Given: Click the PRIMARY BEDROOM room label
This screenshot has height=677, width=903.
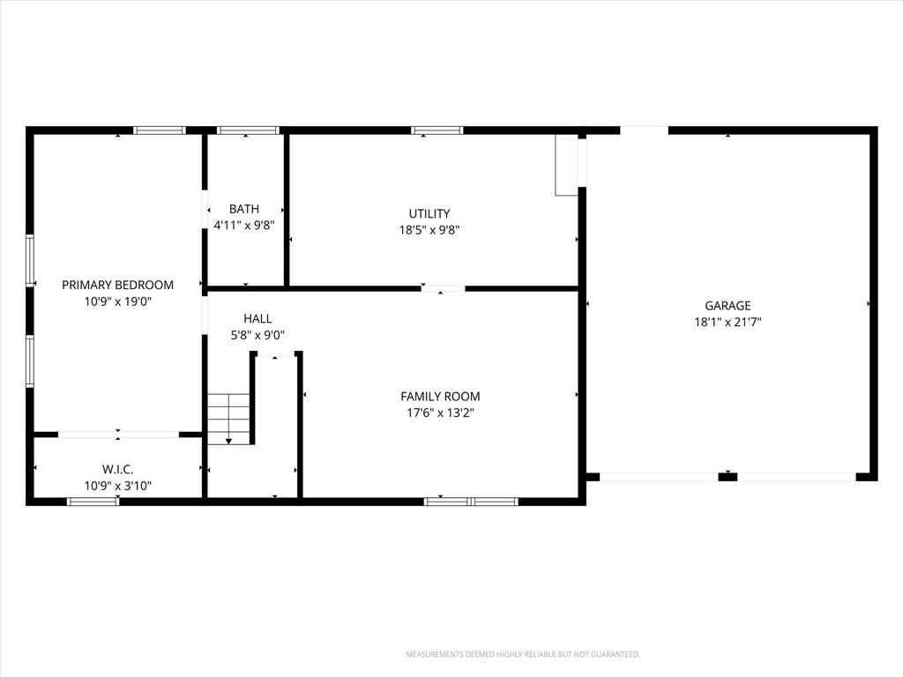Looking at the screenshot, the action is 117,285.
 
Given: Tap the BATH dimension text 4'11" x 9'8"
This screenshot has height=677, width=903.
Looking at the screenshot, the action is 244,225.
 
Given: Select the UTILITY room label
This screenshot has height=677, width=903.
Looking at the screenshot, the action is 429,213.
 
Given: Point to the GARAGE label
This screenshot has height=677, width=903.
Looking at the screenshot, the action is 728,306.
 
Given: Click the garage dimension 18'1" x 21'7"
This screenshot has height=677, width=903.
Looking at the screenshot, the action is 728,322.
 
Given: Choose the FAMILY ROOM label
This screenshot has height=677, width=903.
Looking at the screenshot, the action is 440,396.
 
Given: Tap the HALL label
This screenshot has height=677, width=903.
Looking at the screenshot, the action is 257,318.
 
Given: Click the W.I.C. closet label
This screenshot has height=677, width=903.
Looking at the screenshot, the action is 118,469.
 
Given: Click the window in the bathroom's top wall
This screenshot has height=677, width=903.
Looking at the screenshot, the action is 248,130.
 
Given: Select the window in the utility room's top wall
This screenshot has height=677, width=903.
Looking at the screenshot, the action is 437,130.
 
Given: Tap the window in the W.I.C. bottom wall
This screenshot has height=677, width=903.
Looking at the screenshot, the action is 93,502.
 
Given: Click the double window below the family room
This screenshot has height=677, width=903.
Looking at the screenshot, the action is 471,502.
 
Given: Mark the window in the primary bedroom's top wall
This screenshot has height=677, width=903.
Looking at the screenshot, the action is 160,130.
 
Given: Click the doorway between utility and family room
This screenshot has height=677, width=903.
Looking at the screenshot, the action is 443,288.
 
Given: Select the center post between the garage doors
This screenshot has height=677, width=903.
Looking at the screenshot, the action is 728,477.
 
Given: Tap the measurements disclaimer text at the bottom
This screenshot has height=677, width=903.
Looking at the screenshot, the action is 523,655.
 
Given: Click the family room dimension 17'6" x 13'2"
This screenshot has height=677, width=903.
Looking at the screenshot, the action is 440,413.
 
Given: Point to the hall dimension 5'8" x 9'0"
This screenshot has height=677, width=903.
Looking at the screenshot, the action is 257,335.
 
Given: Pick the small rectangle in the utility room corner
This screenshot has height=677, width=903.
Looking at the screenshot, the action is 566,165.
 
